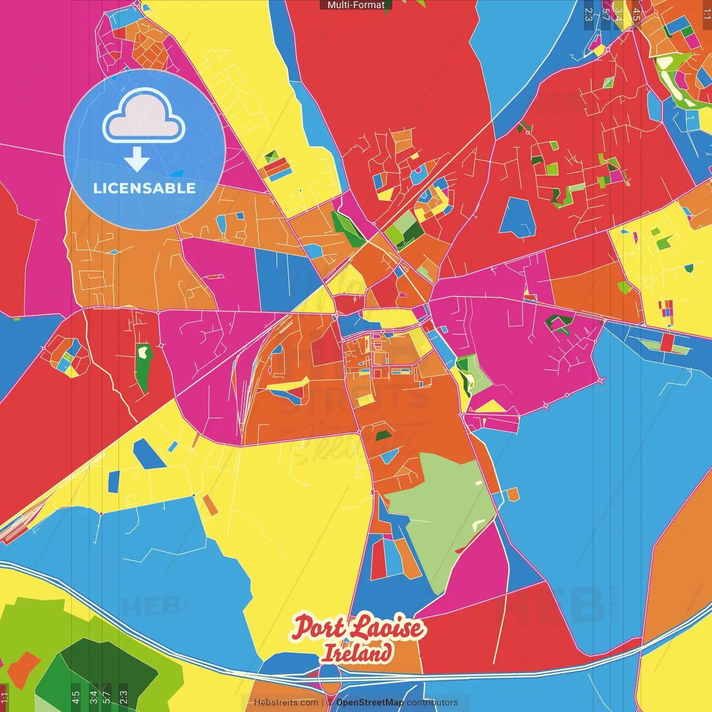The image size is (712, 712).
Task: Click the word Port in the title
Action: tap(319, 627)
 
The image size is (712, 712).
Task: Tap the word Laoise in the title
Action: tap(388, 627)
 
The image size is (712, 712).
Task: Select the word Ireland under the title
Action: tap(357, 652)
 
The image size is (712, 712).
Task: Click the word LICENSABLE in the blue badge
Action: tap(145, 188)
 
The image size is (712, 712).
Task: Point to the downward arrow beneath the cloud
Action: tap(137, 159)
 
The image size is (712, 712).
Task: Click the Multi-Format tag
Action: tap(356, 5)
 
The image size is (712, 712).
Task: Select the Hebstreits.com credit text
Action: tap(286, 703)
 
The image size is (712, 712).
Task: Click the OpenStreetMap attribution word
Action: tap(370, 703)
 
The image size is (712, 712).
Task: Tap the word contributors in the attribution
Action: tap(432, 703)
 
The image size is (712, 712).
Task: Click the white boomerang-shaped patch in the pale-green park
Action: tap(478, 525)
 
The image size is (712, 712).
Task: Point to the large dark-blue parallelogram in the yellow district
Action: tap(149, 453)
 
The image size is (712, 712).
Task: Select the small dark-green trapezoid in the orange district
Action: tap(383, 436)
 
